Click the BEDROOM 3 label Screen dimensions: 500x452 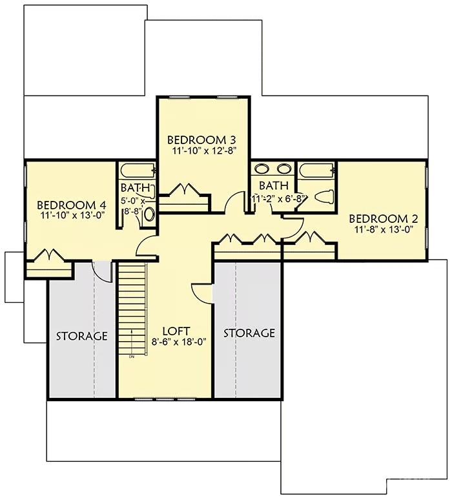[x=201, y=140]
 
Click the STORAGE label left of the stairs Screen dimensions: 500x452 [x=81, y=336]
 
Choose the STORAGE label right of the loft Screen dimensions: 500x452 [x=249, y=333]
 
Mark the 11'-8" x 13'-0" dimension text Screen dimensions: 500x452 [x=383, y=229]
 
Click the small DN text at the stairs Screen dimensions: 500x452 [x=131, y=356]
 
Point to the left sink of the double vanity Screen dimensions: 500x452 [x=262, y=170]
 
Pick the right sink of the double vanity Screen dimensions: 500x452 [x=283, y=170]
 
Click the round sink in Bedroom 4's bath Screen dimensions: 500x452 [x=150, y=215]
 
